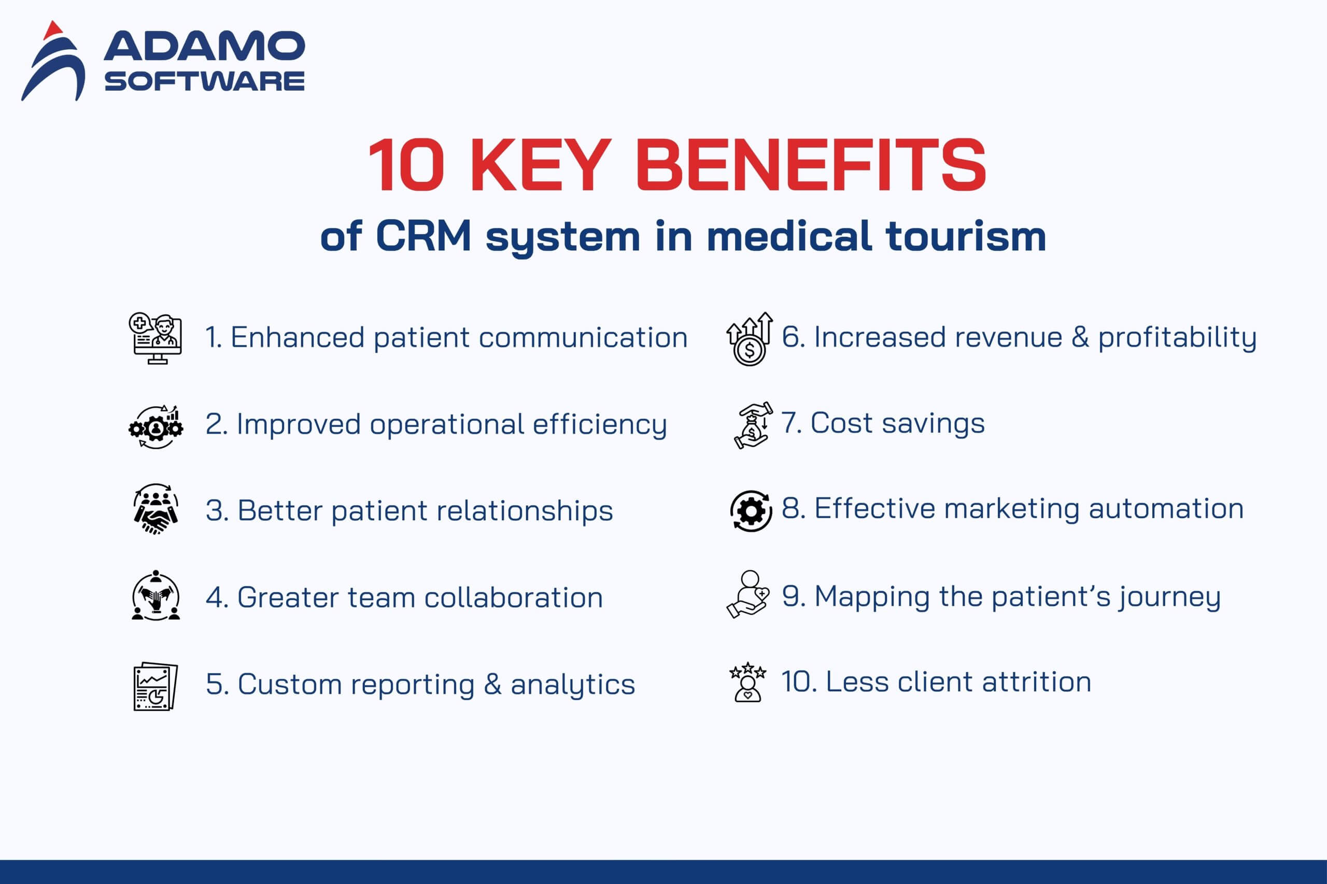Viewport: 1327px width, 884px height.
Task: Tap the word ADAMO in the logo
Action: (x=204, y=46)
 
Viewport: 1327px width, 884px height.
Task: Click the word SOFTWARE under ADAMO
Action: (x=204, y=81)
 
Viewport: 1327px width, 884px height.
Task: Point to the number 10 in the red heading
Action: (x=406, y=165)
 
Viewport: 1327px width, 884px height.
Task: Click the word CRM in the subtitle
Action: (x=423, y=236)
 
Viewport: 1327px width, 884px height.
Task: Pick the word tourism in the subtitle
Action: (x=966, y=236)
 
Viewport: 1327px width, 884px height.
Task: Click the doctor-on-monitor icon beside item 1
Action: (x=155, y=339)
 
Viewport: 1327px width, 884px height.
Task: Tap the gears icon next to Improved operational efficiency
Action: (x=156, y=427)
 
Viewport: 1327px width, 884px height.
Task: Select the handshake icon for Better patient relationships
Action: (x=156, y=509)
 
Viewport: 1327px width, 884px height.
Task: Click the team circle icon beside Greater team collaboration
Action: (x=156, y=595)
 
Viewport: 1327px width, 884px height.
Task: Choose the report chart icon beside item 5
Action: (x=156, y=686)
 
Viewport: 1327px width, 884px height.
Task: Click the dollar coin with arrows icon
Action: (x=750, y=339)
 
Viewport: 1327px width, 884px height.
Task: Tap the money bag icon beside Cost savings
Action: (x=752, y=425)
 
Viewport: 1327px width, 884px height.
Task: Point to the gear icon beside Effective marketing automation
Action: (x=751, y=511)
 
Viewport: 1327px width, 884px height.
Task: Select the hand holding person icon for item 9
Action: (x=748, y=594)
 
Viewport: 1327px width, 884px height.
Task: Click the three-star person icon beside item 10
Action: (x=748, y=682)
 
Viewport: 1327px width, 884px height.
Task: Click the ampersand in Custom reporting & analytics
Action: (x=492, y=684)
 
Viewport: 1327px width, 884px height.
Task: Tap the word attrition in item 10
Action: (x=1037, y=681)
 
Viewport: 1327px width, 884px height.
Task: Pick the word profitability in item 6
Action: (x=1177, y=338)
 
